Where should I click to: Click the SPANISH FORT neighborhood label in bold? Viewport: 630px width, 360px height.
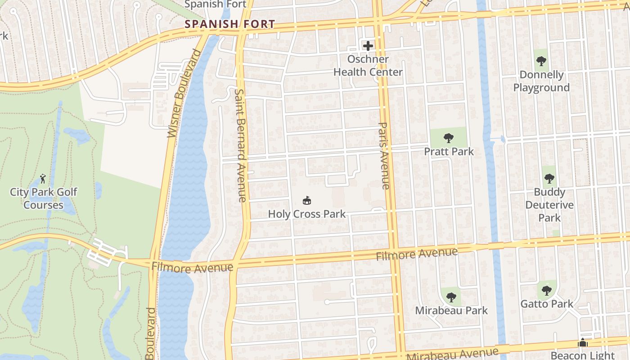click(230, 24)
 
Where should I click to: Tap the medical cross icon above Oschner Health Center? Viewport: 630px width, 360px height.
click(368, 45)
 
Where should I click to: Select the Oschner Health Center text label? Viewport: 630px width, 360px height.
click(368, 66)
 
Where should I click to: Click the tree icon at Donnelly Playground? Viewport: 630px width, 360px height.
click(541, 61)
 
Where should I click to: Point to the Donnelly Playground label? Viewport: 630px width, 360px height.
click(541, 81)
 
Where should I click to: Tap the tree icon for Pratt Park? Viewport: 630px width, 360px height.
click(448, 138)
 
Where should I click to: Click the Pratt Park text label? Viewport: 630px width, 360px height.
click(449, 152)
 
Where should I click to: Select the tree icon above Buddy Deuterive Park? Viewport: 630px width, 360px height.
click(549, 179)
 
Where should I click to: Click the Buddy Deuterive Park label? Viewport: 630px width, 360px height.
click(549, 205)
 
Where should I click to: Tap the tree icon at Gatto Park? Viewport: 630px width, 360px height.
click(547, 290)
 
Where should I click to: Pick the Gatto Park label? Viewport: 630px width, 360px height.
click(547, 304)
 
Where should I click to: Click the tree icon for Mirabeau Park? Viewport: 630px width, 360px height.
click(451, 297)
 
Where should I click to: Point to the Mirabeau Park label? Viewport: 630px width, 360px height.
click(451, 310)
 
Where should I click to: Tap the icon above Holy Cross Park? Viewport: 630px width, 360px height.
click(307, 200)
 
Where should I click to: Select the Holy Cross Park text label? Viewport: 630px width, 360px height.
click(307, 214)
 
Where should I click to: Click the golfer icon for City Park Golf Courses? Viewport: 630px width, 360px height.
click(43, 178)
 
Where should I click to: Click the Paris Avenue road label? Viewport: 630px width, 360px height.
click(383, 155)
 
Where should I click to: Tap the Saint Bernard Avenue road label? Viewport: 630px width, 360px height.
click(240, 145)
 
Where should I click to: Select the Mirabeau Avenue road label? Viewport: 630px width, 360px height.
click(452, 354)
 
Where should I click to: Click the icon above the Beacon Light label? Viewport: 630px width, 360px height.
click(583, 343)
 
